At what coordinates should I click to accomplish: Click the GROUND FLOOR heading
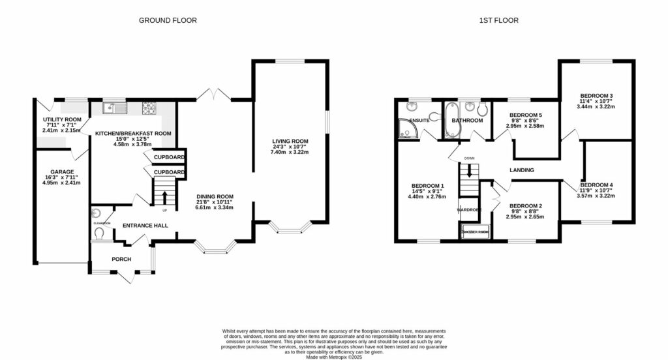[x=168, y=20]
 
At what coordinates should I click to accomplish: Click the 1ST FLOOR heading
[x=499, y=20]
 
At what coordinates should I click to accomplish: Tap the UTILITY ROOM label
[x=62, y=120]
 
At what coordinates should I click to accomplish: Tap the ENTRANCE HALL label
[x=145, y=226]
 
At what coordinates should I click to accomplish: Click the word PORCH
[x=121, y=259]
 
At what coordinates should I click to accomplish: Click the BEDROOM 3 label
[x=596, y=96]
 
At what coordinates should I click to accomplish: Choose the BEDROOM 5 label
[x=525, y=115]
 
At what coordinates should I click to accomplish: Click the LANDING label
[x=522, y=170]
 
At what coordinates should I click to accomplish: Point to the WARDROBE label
[x=468, y=210]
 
